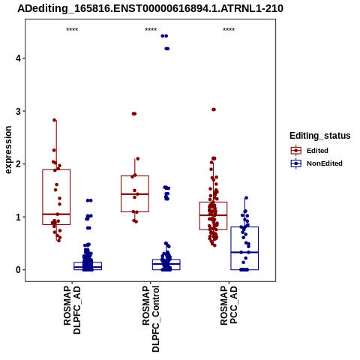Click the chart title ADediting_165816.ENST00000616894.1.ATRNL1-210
(x=150, y=8)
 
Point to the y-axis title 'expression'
(x=8, y=150)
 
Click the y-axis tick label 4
(x=18, y=58)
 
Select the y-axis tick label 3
(x=18, y=111)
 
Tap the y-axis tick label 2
(x=18, y=164)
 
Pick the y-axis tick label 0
(x=18, y=270)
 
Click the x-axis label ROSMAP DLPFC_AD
(x=72, y=310)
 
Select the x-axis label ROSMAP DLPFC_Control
(x=151, y=319)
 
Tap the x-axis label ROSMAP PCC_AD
(x=229, y=305)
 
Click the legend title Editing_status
(x=320, y=136)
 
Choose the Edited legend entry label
(x=317, y=151)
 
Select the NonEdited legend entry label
(x=325, y=163)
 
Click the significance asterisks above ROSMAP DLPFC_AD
(x=72, y=30)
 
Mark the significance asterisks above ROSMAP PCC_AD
(x=229, y=30)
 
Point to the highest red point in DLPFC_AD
(x=55, y=120)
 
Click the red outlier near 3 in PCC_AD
(x=214, y=109)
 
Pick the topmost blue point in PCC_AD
(x=246, y=198)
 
